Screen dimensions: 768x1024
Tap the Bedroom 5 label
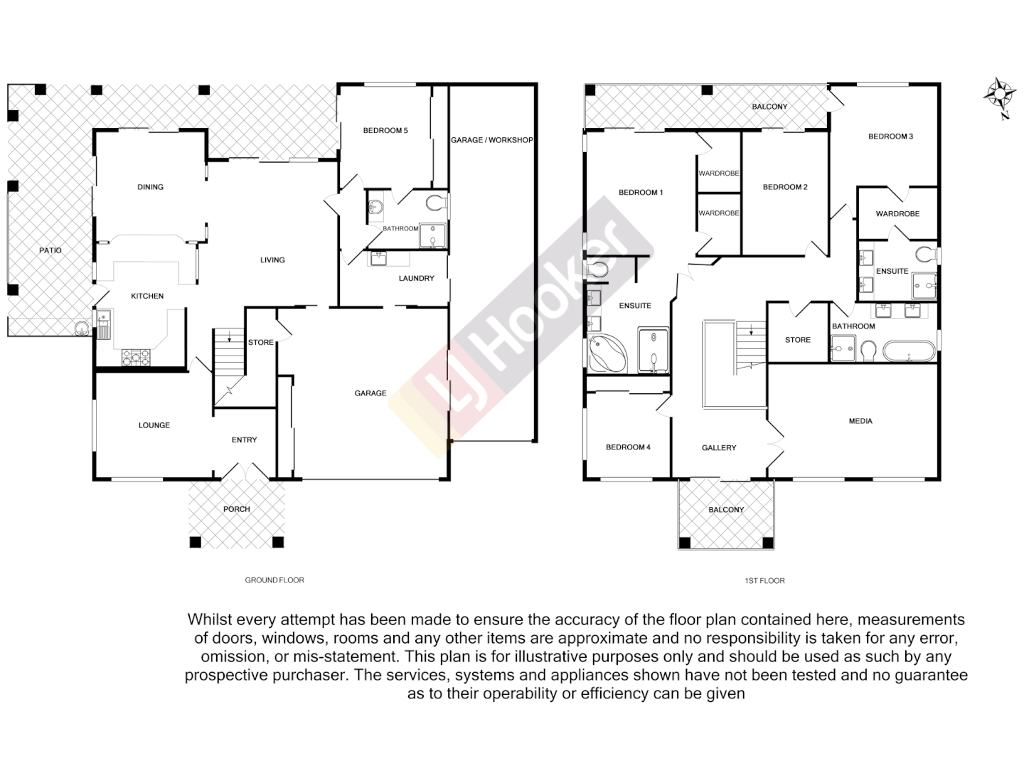coord(385,130)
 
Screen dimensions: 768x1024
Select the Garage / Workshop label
coord(491,140)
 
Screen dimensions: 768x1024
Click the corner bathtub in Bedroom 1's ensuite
coord(607,354)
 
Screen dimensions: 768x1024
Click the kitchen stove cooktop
coord(136,356)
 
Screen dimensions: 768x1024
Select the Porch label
coord(237,509)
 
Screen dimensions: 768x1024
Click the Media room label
coord(860,421)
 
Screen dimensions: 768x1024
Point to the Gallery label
coord(719,447)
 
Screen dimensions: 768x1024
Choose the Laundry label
coord(416,278)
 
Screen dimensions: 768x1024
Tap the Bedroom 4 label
coord(628,447)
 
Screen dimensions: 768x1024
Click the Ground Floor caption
coord(274,580)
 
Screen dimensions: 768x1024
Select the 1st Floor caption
coord(764,581)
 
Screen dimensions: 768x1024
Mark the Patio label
coord(50,250)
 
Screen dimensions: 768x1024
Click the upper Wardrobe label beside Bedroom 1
coord(719,174)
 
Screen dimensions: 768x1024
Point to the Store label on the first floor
coord(798,340)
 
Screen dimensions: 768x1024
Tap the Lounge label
coord(154,425)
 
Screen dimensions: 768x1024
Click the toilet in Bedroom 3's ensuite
coord(926,254)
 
